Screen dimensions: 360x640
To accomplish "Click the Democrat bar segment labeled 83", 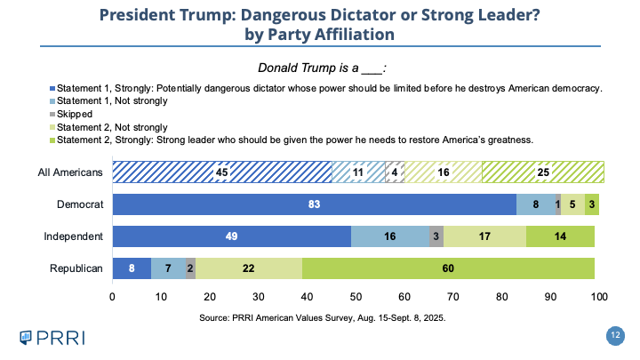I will point(314,204).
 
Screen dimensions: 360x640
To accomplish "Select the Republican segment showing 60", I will point(448,268).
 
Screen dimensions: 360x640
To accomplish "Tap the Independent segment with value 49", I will point(231,236).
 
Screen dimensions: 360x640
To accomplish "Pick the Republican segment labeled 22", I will point(248,268).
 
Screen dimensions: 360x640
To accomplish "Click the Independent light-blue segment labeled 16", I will point(391,236).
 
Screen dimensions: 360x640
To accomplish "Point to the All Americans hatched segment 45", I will point(221,172).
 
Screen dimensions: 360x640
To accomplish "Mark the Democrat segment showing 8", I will point(536,204).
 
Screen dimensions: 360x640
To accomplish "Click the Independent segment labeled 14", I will point(560,236).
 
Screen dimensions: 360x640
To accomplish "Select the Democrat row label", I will point(81,204).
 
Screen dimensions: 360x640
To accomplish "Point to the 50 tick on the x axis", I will point(356,296).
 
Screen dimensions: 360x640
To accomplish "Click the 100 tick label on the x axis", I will point(599,296).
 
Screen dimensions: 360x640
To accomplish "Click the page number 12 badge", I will point(614,335).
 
